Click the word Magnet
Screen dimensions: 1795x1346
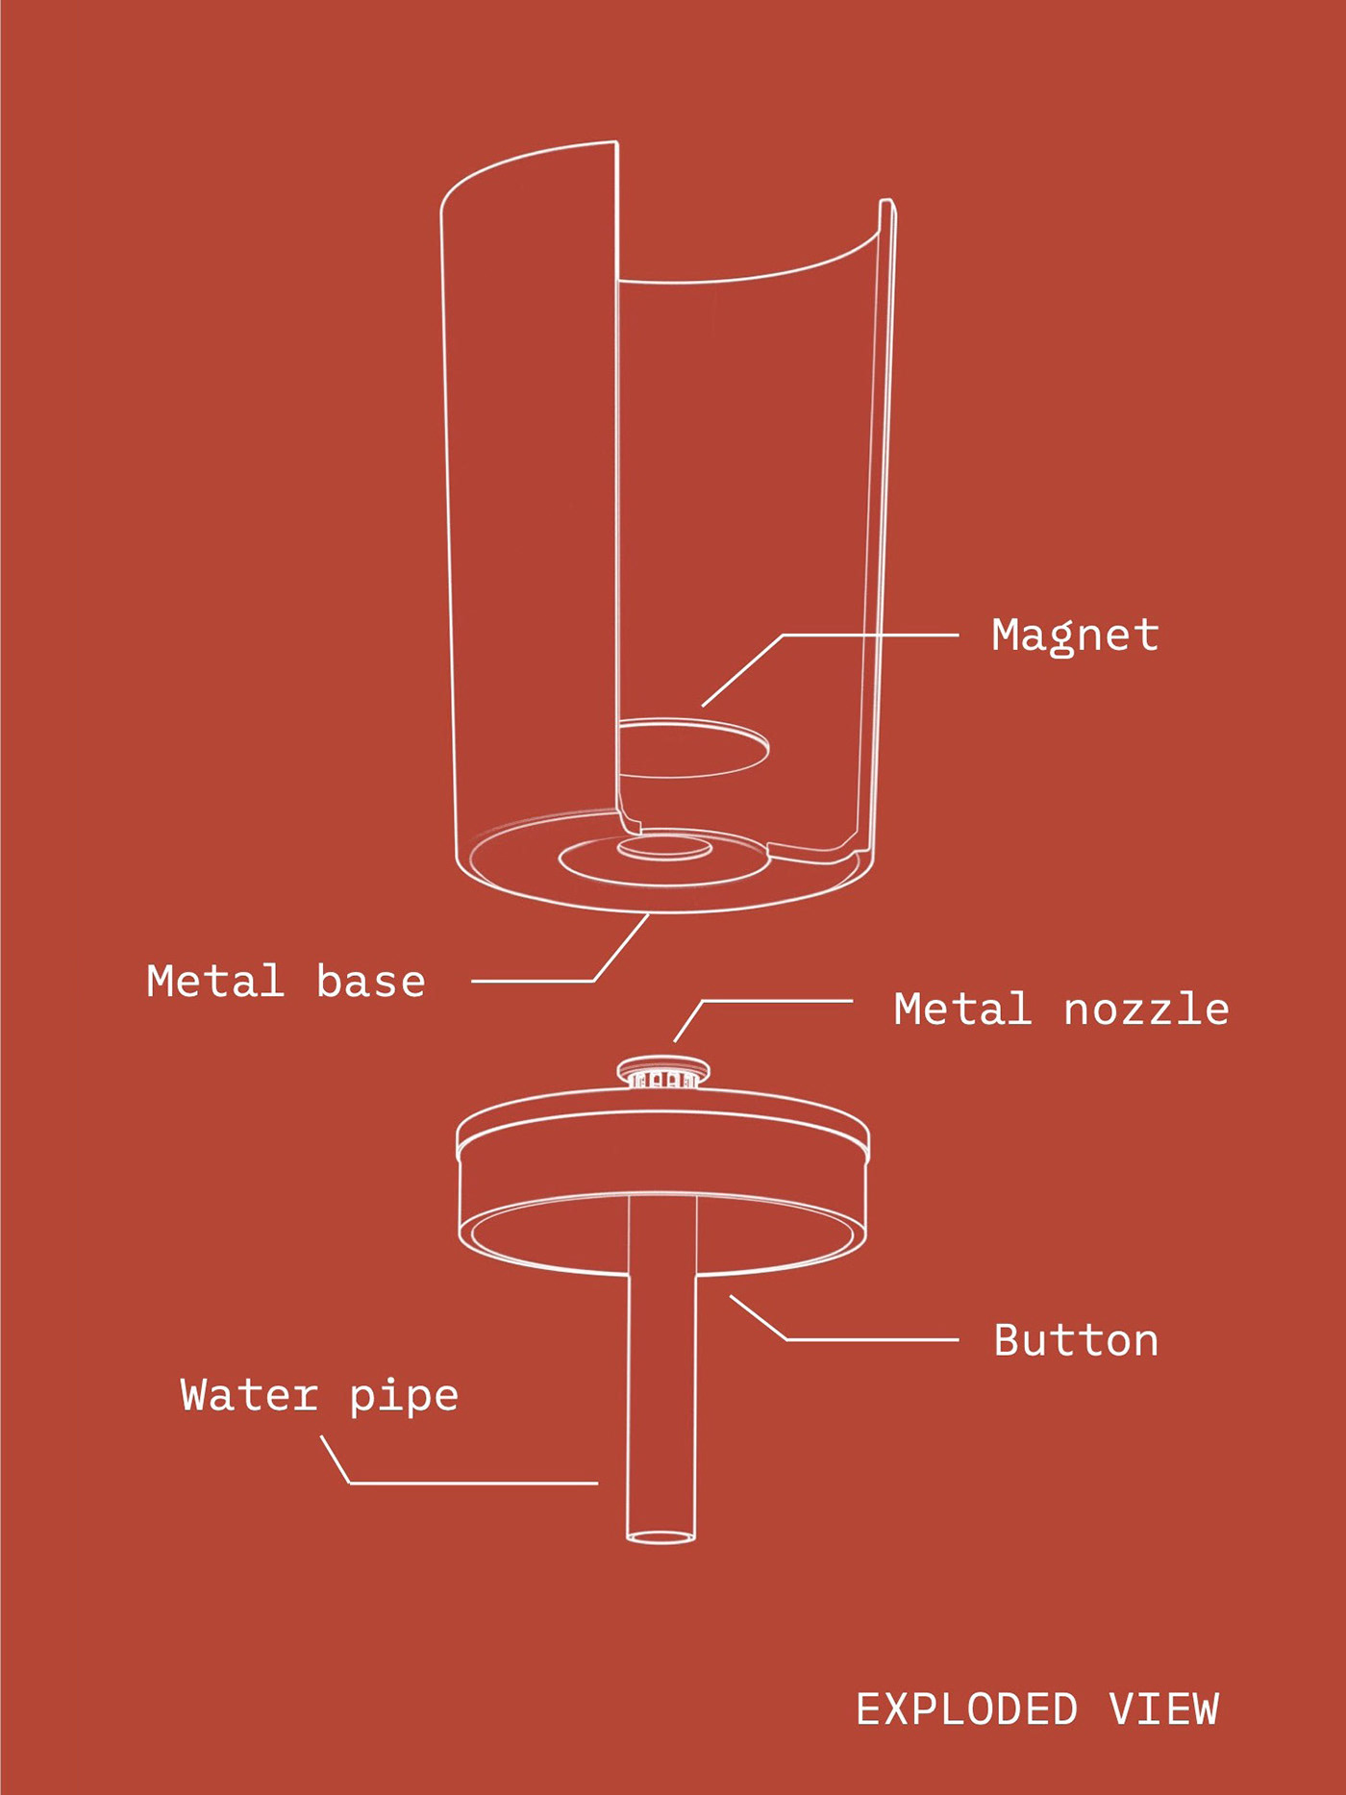1075,636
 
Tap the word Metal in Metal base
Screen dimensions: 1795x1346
215,982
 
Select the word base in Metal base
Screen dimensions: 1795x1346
370,982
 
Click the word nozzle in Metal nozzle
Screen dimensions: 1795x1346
1146,1010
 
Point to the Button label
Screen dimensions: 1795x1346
1075,1340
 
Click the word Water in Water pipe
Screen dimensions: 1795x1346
249,1395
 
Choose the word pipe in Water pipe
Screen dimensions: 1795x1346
404,1397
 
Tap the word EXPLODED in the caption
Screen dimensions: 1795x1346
966,1710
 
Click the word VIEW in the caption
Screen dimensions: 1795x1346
1163,1710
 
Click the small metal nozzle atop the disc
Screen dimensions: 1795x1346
663,1072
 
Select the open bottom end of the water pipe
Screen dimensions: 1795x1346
661,1536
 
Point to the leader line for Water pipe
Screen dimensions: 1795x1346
471,1483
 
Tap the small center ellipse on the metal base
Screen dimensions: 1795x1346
664,847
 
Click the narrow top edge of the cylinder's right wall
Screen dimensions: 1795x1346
887,203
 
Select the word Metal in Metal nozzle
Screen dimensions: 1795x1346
962,1010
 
